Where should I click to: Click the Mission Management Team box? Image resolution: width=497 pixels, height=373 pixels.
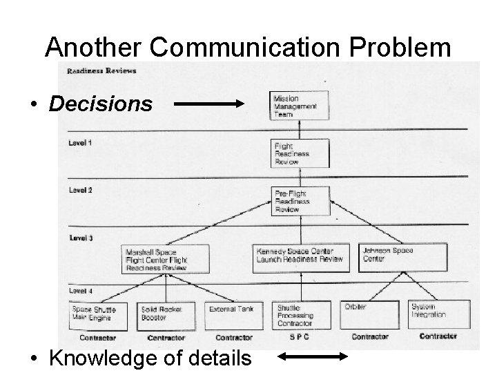(x=299, y=106)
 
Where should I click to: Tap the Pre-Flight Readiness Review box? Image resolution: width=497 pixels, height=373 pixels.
(x=300, y=200)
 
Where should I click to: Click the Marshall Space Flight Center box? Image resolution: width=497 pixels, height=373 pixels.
(x=157, y=258)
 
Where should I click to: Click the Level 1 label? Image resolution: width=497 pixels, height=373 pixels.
(x=80, y=143)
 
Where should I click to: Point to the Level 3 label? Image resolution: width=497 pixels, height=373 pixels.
(x=80, y=237)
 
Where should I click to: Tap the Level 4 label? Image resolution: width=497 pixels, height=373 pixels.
(x=80, y=289)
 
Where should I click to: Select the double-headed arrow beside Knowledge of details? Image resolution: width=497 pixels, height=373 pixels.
(x=312, y=356)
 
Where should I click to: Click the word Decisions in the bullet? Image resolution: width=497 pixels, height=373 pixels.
(x=101, y=104)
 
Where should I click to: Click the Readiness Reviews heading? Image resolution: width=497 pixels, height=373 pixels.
(x=101, y=70)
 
